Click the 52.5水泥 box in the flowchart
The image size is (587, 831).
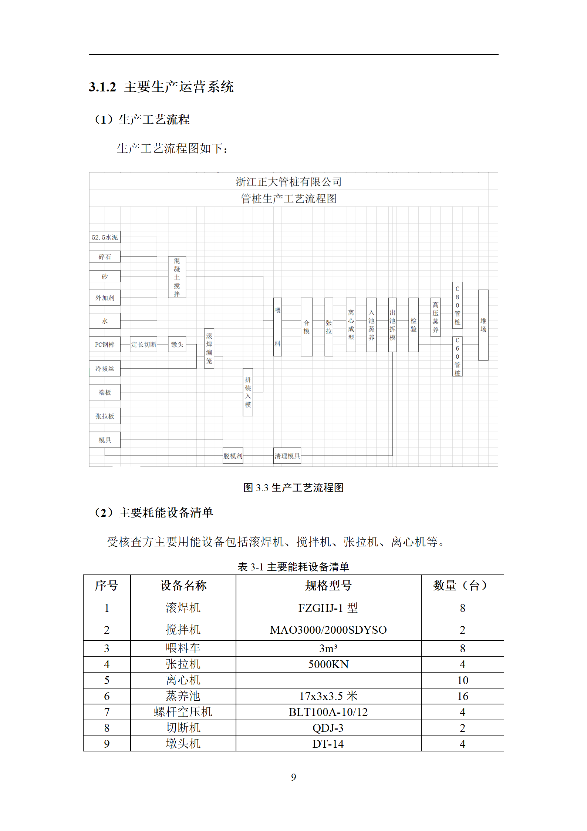tap(105, 237)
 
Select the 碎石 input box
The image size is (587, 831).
tap(105, 257)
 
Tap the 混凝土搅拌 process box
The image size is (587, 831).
tap(177, 277)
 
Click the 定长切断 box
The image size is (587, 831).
tap(144, 345)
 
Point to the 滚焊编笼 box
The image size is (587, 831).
tap(209, 348)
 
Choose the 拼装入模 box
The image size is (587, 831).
tap(248, 392)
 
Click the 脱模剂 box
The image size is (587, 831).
tap(233, 456)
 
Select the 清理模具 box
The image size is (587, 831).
tap(287, 456)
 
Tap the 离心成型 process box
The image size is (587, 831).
tap(351, 325)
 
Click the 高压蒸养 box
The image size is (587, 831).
tap(435, 317)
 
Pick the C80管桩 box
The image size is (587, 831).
tap(457, 305)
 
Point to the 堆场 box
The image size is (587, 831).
tap(483, 325)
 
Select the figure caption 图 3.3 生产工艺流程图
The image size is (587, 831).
tap(293, 487)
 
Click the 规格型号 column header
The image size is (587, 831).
tap(328, 586)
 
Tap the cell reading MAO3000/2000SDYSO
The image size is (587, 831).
tap(328, 630)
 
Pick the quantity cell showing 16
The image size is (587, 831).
tap(462, 696)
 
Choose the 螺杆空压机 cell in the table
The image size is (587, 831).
tap(183, 712)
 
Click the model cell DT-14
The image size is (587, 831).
tap(328, 744)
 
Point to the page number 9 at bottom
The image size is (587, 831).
tap(293, 777)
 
